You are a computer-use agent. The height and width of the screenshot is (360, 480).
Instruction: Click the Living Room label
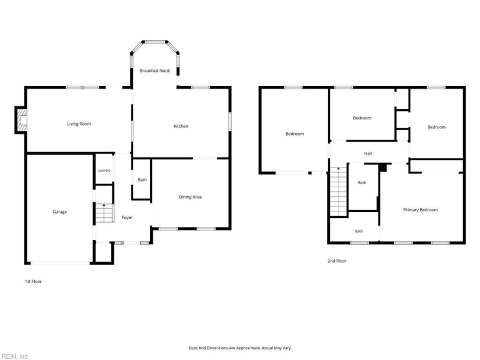[79, 124]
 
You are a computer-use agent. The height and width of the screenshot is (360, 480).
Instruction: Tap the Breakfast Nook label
[155, 71]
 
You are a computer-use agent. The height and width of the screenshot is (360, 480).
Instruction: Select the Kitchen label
[181, 126]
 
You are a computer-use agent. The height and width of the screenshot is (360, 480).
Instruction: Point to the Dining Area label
[190, 197]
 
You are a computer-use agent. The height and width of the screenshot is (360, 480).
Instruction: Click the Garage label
[59, 212]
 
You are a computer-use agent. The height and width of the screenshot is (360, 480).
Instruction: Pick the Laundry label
[104, 170]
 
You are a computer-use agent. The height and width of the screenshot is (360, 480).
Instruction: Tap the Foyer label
[127, 218]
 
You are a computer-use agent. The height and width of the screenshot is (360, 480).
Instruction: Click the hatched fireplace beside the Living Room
[22, 121]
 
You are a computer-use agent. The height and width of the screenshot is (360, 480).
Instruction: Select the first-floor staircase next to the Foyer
[104, 213]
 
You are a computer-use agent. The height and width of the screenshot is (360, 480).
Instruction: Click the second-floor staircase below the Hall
[338, 192]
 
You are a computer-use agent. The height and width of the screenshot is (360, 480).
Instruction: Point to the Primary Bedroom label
[421, 210]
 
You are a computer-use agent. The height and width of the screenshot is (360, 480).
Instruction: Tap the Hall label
[368, 154]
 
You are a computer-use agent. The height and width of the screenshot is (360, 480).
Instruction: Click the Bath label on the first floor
[142, 180]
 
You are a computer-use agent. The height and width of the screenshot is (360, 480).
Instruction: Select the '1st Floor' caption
[33, 281]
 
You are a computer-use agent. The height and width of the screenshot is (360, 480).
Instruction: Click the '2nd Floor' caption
[337, 261]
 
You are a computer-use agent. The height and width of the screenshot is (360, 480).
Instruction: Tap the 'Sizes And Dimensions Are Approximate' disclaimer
[240, 348]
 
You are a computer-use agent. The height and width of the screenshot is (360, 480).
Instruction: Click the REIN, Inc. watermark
[14, 356]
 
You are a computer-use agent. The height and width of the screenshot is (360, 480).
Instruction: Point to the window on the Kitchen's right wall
[230, 122]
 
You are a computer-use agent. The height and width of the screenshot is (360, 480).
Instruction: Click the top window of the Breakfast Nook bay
[155, 42]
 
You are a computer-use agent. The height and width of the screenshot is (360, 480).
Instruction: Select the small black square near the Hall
[383, 168]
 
